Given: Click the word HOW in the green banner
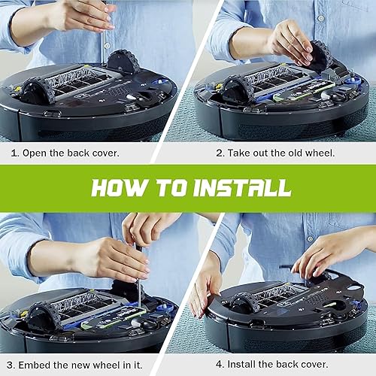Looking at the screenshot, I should tap(120, 186).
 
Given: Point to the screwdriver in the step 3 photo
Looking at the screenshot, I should tap(138, 278).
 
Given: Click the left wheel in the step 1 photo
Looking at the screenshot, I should tap(36, 91).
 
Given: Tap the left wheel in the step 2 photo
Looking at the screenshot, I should tap(236, 89).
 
